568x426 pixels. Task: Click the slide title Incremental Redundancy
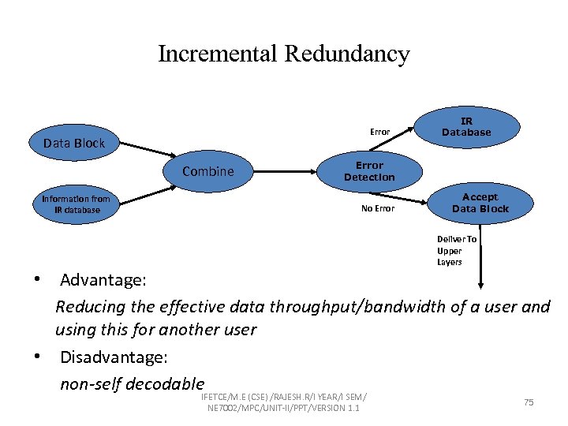click(284, 54)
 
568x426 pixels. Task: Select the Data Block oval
click(73, 143)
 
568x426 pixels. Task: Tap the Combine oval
click(208, 171)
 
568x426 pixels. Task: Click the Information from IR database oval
click(76, 204)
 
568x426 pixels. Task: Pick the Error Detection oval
click(369, 171)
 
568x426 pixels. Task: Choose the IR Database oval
click(466, 127)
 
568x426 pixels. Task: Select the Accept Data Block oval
click(480, 203)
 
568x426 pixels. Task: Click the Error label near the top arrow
click(380, 131)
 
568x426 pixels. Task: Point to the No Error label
click(378, 208)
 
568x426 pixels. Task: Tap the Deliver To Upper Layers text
click(457, 250)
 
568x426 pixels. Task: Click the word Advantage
click(101, 280)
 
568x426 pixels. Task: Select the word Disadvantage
click(114, 357)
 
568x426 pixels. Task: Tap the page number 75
click(529, 402)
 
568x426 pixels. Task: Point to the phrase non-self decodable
click(132, 384)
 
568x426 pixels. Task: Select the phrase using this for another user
click(155, 330)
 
